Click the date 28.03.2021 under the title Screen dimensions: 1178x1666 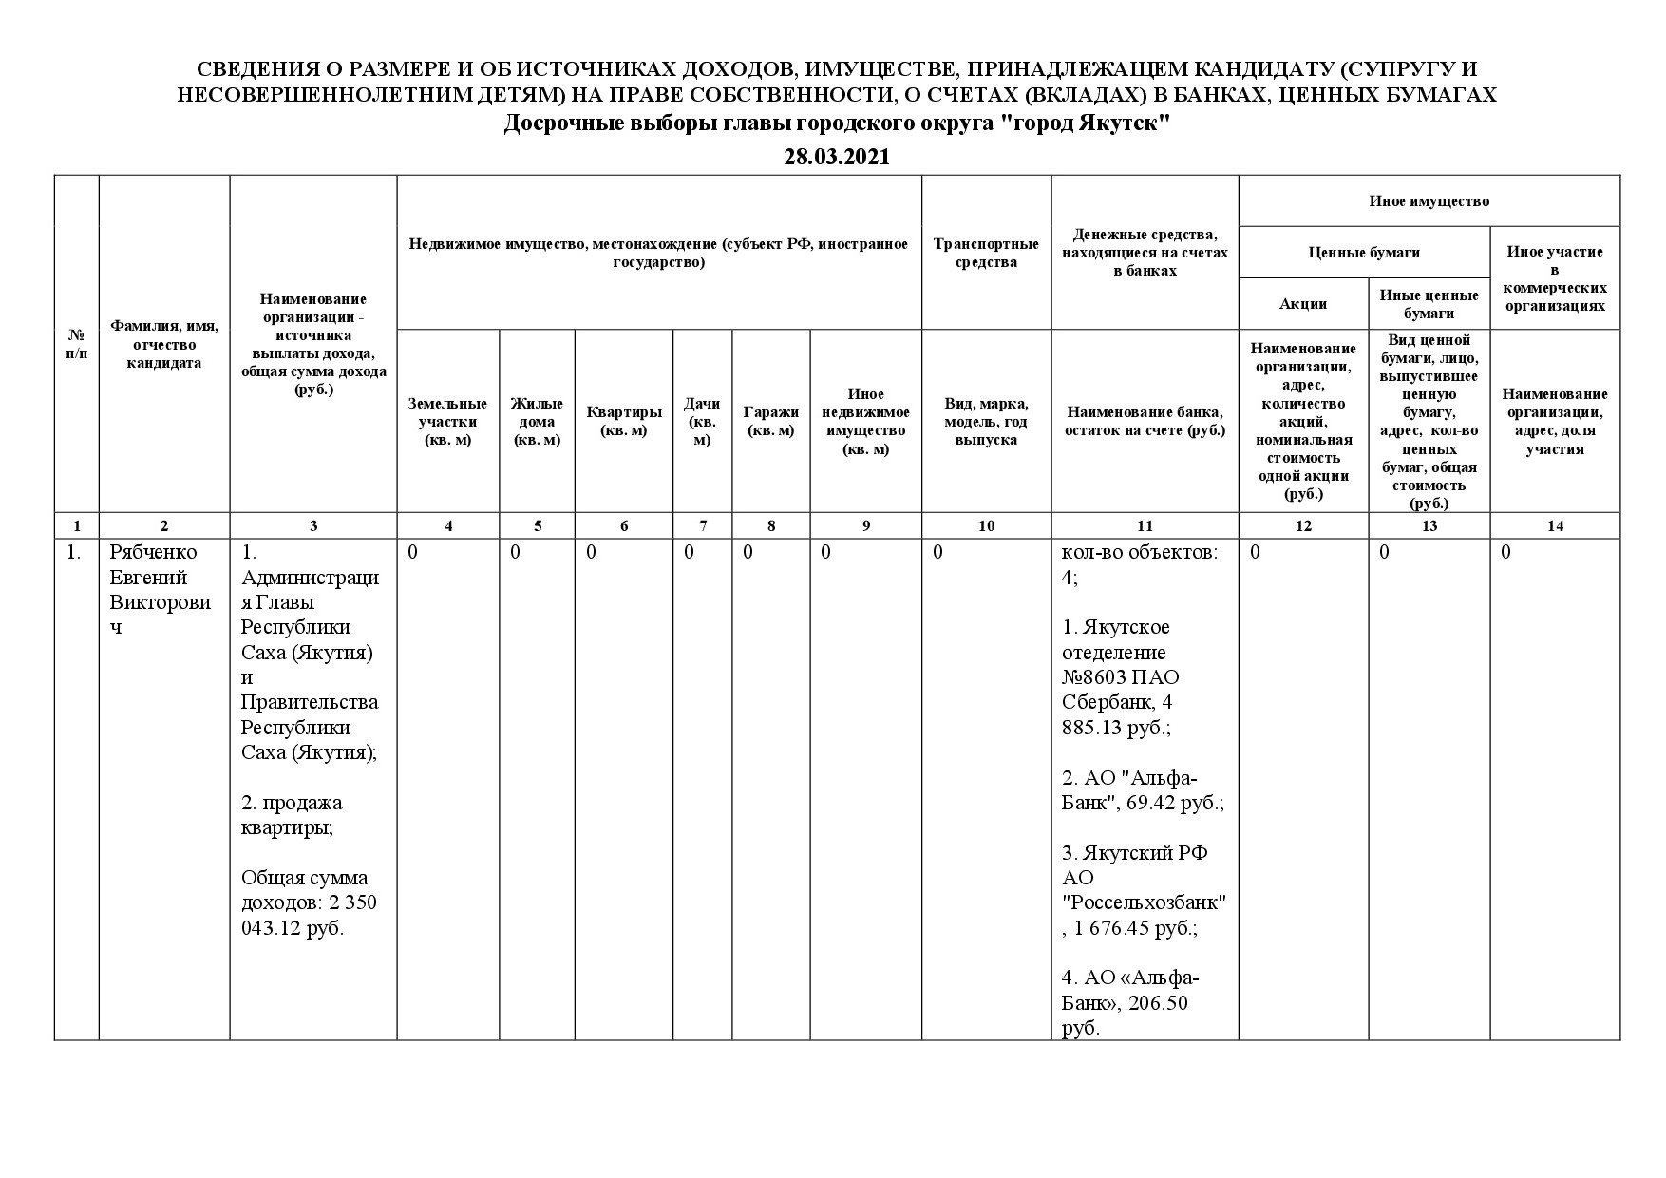(x=836, y=158)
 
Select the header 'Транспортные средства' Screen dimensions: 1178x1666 (x=986, y=253)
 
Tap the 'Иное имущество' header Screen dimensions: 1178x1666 (x=1429, y=201)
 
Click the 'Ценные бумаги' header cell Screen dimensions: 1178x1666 (x=1364, y=253)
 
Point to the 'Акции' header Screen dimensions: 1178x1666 (x=1302, y=304)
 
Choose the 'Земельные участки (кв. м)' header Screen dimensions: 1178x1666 (x=447, y=422)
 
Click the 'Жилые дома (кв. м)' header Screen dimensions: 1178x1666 (x=537, y=422)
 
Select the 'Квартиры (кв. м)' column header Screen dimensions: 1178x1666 (x=623, y=421)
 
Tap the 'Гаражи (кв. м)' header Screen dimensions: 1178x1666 (x=770, y=421)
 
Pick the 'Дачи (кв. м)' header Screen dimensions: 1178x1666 (x=702, y=421)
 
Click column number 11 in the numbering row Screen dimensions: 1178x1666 (x=1145, y=525)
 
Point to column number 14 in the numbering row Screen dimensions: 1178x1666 (x=1555, y=525)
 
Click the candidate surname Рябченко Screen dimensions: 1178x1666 (x=154, y=553)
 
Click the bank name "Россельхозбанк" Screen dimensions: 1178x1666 (x=1144, y=902)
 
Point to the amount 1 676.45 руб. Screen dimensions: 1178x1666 (x=1135, y=928)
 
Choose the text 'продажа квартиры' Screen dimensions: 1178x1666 (x=291, y=815)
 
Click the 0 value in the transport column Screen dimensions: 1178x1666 (x=937, y=553)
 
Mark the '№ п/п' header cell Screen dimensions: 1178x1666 (x=76, y=345)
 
